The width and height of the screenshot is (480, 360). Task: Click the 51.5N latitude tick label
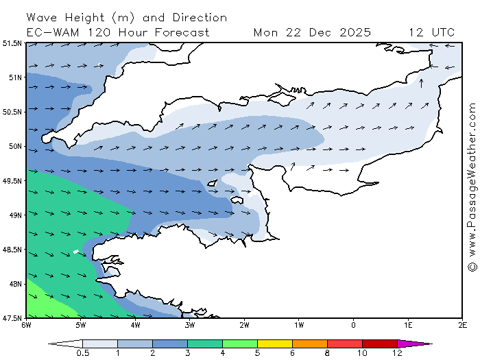click(12, 43)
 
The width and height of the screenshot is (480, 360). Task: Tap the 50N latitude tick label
click(14, 146)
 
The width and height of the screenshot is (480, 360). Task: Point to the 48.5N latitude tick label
click(12, 250)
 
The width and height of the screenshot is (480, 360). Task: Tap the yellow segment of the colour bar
click(275, 343)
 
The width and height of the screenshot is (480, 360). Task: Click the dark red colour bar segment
click(380, 343)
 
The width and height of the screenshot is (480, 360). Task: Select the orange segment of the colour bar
click(310, 343)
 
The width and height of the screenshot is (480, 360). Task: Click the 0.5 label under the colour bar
click(82, 354)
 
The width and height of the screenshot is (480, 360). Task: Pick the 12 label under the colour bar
click(397, 354)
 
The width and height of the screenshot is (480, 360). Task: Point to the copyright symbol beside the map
click(472, 266)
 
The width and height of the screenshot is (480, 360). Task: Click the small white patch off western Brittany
click(76, 252)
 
